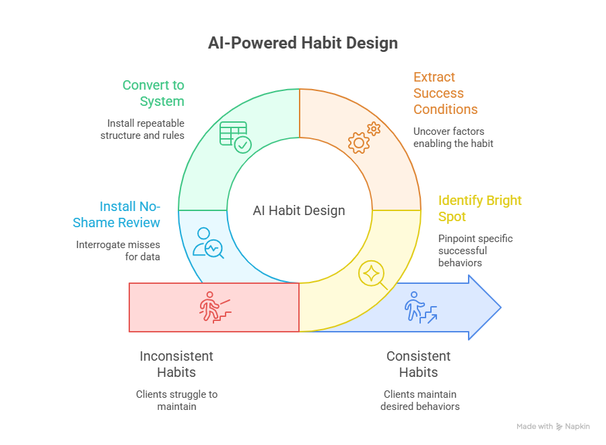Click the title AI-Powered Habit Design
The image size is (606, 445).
click(x=302, y=43)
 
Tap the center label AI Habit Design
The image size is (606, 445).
click(x=299, y=210)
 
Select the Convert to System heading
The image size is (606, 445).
click(x=153, y=94)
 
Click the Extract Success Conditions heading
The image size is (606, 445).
click(x=445, y=93)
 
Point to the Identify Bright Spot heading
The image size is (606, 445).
click(x=479, y=208)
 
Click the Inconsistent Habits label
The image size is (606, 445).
click(x=176, y=363)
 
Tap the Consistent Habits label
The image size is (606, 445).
click(x=418, y=363)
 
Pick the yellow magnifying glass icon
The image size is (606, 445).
click(x=372, y=275)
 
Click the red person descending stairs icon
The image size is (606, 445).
click(x=215, y=307)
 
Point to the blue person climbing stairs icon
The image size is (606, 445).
click(x=420, y=307)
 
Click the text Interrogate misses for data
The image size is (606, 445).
click(x=119, y=251)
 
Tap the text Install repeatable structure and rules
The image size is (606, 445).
click(x=143, y=129)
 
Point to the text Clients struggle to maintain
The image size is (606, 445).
click(x=176, y=400)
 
